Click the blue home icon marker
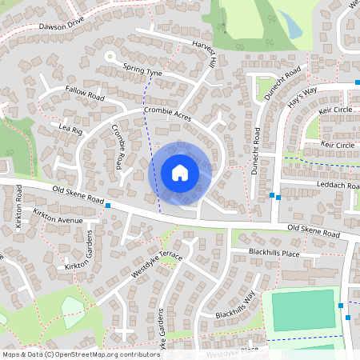point(180,173)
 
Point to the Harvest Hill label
point(205,52)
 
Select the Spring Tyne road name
point(143,72)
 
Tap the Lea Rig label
point(70,128)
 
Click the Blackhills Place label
point(273,253)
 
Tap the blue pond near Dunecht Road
point(293,29)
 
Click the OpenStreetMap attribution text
point(81,354)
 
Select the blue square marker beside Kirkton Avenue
point(107,206)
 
